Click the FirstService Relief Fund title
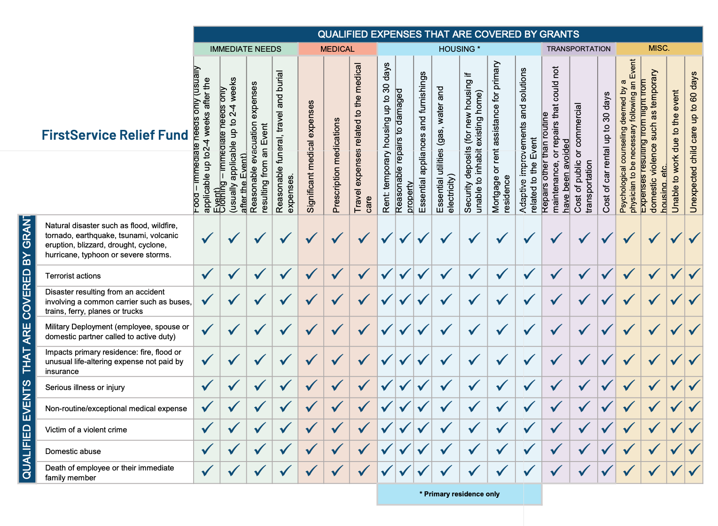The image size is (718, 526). tap(115, 135)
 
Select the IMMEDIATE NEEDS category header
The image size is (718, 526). tap(245, 49)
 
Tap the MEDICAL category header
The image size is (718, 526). tap(337, 49)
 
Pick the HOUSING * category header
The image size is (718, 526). tap(459, 49)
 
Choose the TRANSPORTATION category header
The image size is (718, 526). tap(578, 49)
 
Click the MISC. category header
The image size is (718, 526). tap(659, 48)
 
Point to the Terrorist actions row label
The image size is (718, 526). tap(73, 276)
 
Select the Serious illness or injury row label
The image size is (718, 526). tap(85, 387)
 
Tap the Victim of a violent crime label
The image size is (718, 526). tap(86, 430)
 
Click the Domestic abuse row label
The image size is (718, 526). tap(73, 451)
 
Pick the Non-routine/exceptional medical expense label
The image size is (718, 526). tap(116, 408)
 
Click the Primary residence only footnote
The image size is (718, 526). tap(459, 494)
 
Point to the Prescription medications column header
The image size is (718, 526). tap(336, 165)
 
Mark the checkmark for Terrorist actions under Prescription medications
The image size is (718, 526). tap(337, 274)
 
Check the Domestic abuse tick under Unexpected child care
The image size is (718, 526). tap(694, 449)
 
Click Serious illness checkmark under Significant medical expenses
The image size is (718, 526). tap(311, 386)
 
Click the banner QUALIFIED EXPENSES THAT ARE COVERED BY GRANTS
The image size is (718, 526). tap(448, 34)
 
